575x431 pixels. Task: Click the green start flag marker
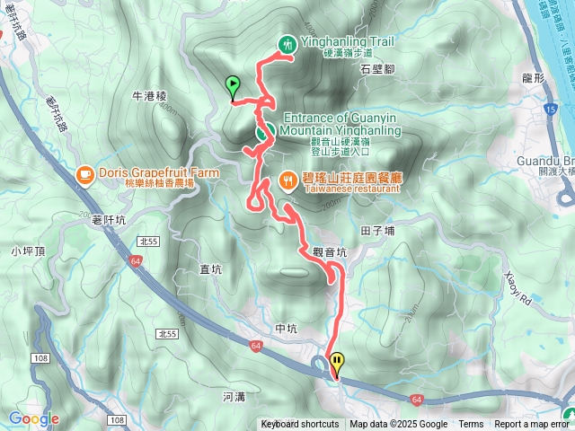(x=234, y=86)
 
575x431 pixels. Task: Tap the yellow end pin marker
(x=337, y=364)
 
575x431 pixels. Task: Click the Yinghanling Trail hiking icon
(x=287, y=43)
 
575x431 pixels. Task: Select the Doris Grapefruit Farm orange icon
(x=84, y=172)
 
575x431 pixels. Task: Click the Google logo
(x=33, y=418)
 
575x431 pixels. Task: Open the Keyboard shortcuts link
(x=300, y=425)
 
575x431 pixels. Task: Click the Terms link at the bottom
(x=471, y=425)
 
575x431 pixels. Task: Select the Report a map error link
(x=532, y=425)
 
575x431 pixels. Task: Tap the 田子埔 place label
(x=377, y=232)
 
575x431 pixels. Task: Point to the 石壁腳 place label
(x=377, y=68)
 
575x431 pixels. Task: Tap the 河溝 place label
(x=233, y=395)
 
